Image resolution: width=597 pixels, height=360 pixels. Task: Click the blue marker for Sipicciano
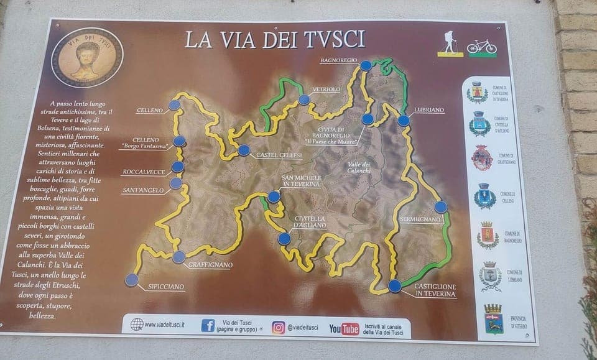(x=131, y=280)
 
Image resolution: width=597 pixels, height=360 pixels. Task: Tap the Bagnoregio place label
(x=338, y=60)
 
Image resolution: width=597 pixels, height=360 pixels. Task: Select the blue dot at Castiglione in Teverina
(x=395, y=286)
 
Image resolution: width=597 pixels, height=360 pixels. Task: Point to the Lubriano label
(x=428, y=110)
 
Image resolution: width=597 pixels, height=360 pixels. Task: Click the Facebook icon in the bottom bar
(x=208, y=325)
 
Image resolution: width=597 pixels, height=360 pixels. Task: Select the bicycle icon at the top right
(x=481, y=46)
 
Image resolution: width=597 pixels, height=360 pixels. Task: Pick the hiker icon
(x=449, y=42)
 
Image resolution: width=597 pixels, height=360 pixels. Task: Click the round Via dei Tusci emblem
(x=87, y=57)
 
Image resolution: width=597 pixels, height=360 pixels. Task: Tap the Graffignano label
(x=211, y=265)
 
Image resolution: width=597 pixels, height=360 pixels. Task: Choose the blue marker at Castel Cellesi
(x=244, y=150)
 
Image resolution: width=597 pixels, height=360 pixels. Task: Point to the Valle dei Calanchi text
(x=359, y=167)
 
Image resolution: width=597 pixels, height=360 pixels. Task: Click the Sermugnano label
(x=420, y=219)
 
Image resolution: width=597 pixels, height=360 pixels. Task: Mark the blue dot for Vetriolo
(x=303, y=99)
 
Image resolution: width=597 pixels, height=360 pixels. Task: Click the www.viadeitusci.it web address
(x=165, y=325)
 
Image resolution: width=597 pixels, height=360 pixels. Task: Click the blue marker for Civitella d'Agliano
(x=284, y=238)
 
